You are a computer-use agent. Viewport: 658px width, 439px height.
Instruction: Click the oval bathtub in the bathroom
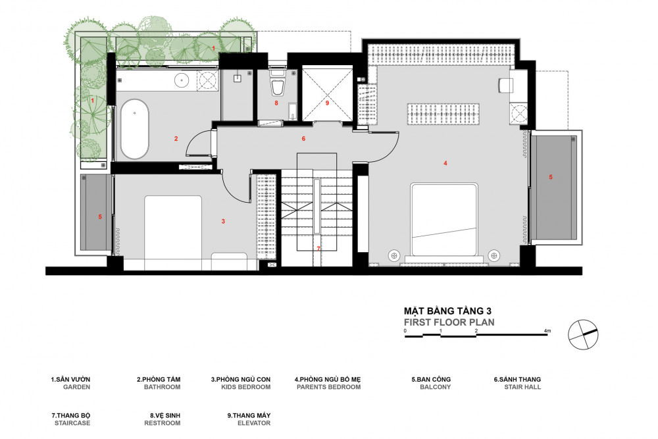coord(135,129)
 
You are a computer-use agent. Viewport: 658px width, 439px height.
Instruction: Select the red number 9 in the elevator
coord(327,103)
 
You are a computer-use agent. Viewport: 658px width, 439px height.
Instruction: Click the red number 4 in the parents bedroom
coord(445,163)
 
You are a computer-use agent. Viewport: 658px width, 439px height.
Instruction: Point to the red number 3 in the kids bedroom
coord(223,221)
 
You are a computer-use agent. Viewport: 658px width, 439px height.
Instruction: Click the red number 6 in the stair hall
coord(303,138)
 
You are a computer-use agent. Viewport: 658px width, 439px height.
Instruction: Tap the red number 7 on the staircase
coord(318,248)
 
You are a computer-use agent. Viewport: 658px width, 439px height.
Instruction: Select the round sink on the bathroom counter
coord(182,79)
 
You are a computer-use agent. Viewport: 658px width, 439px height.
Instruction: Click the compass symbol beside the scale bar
coord(583,334)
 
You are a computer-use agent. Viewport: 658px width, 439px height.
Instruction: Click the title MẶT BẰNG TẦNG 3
coord(447,311)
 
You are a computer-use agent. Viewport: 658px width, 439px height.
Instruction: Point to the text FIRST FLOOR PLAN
coord(449,323)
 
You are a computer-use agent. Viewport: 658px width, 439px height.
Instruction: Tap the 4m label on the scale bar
coord(547,330)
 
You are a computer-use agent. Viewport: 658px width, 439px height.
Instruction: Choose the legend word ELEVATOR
coord(254,423)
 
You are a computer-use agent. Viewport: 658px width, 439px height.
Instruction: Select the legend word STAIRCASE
coord(72,423)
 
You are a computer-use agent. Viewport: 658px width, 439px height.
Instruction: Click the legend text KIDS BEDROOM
coord(246,387)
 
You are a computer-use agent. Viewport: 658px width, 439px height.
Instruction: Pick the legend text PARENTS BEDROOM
coord(328,387)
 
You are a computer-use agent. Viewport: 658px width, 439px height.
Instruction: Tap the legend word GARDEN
coord(77,387)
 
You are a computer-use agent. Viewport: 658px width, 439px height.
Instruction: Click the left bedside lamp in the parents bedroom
coord(393,255)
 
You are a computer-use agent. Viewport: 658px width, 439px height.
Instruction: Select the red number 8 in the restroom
coord(276,103)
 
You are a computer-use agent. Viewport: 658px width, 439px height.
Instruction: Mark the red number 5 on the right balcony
coord(551,177)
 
